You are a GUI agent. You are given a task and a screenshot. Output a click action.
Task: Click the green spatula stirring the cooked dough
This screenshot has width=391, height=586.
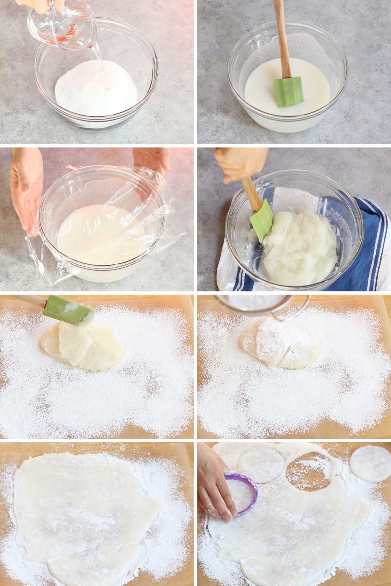point(262,221)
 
